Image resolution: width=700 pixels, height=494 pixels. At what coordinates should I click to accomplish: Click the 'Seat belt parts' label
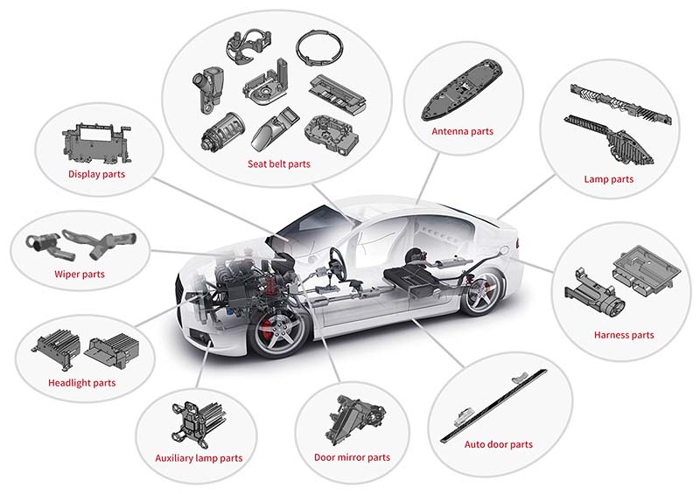[x=280, y=164]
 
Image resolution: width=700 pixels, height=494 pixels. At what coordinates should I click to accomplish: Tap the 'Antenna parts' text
[x=463, y=132]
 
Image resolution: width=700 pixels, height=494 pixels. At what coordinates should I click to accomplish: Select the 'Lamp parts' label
[x=608, y=180]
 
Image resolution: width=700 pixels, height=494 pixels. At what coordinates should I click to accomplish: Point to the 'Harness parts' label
[x=623, y=335]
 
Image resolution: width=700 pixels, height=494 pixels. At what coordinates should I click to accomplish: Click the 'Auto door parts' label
[x=498, y=445]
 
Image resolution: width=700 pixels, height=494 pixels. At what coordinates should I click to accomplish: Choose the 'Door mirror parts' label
[x=352, y=457]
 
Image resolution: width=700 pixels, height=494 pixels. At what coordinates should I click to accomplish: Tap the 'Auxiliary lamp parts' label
[x=199, y=458]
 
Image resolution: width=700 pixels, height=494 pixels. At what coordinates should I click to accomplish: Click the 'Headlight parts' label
[x=81, y=383]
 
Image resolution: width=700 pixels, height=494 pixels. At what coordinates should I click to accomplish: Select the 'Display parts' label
[x=96, y=174]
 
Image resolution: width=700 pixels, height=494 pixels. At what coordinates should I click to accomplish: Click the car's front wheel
[x=281, y=330]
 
